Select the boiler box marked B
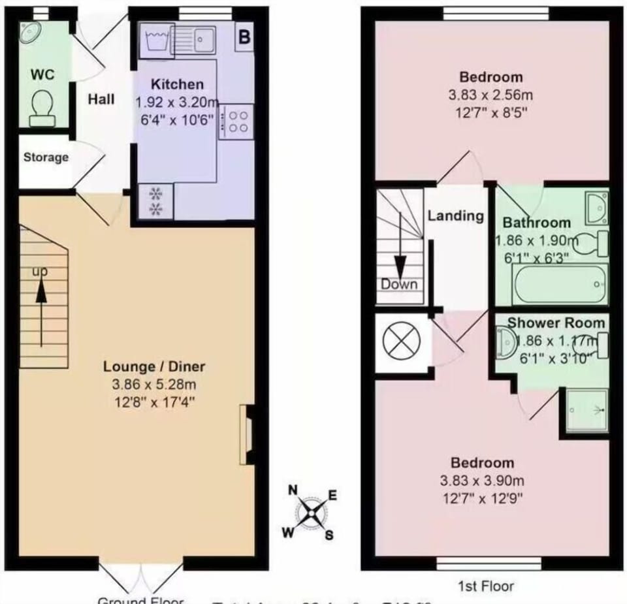[244, 37]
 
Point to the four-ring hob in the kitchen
[236, 121]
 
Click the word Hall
[101, 99]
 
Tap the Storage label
[46, 157]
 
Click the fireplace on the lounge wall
[247, 435]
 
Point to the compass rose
[312, 512]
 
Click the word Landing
[455, 215]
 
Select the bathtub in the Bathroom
[560, 284]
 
